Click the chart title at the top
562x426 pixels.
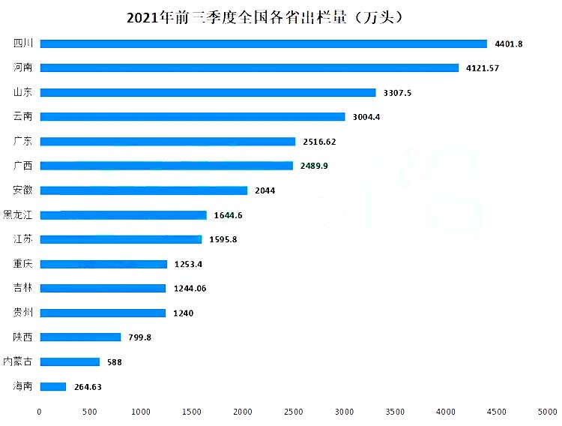280,16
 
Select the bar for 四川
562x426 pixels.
263,43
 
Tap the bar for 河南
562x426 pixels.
249,68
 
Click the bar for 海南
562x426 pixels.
52,387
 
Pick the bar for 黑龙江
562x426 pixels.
123,215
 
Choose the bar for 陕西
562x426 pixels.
80,337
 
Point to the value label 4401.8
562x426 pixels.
509,44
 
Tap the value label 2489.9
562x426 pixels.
313,166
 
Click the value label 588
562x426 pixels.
114,362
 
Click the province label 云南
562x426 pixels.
22,117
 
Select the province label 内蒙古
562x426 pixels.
18,362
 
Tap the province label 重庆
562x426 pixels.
22,264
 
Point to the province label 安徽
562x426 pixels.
22,190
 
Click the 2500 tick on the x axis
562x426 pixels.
293,411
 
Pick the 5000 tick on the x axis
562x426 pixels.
547,411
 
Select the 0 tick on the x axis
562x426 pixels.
40,411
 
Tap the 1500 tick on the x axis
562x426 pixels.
192,411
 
